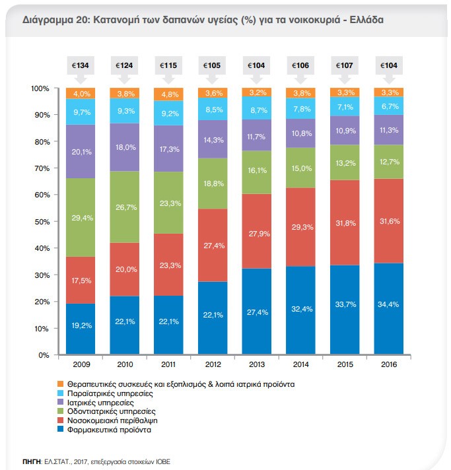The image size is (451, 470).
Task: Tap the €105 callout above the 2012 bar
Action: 212,65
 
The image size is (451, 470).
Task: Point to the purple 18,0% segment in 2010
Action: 124,147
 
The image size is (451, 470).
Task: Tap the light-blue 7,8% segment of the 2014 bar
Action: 300,109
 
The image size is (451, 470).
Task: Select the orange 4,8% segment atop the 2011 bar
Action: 168,94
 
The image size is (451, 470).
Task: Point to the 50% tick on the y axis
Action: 40,222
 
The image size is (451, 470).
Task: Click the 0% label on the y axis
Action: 44,355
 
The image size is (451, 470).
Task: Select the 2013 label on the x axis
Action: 256,364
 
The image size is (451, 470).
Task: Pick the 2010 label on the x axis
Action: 124,364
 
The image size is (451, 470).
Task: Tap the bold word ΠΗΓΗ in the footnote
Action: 32,461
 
